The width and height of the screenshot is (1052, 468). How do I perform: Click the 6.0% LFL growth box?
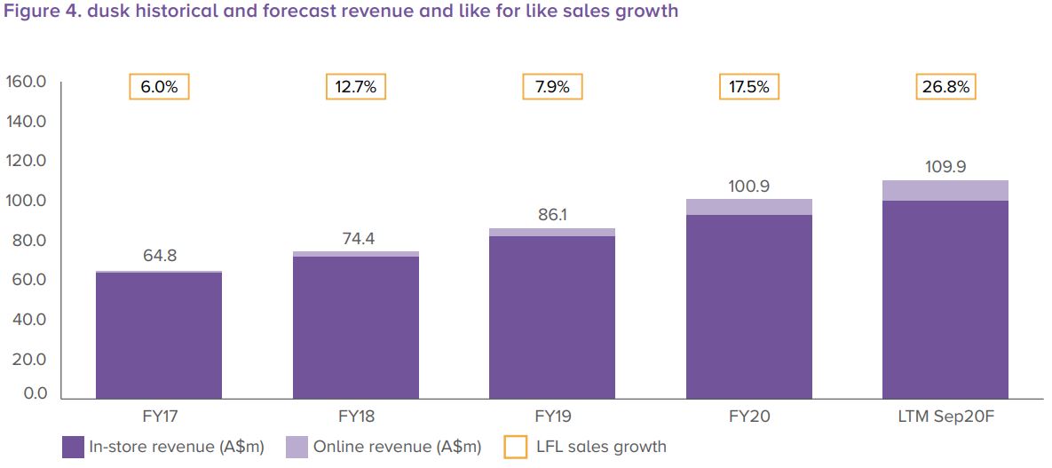(x=159, y=87)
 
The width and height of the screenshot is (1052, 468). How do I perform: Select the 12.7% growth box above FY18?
(x=355, y=87)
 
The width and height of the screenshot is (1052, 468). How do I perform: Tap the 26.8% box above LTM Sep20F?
(x=945, y=87)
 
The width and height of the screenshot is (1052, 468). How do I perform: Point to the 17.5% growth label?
(x=749, y=87)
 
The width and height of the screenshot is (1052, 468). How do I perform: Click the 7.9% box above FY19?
(x=552, y=87)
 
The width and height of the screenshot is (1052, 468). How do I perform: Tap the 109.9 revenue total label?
(x=945, y=166)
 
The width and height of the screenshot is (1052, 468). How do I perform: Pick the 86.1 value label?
(x=552, y=214)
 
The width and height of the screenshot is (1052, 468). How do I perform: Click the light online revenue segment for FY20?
(x=749, y=207)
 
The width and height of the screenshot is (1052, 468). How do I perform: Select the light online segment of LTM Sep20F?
(x=945, y=190)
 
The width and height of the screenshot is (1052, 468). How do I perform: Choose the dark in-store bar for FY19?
(x=552, y=316)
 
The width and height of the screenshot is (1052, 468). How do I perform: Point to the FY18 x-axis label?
(x=355, y=415)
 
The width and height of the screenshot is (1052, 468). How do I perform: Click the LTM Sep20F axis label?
(x=945, y=415)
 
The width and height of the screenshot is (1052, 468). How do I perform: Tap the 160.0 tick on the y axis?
(x=26, y=83)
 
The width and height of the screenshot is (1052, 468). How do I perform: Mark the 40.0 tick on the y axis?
(x=26, y=320)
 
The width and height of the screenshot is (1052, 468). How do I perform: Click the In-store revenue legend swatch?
(x=73, y=447)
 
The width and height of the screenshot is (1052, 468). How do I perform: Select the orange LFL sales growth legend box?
(x=515, y=447)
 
